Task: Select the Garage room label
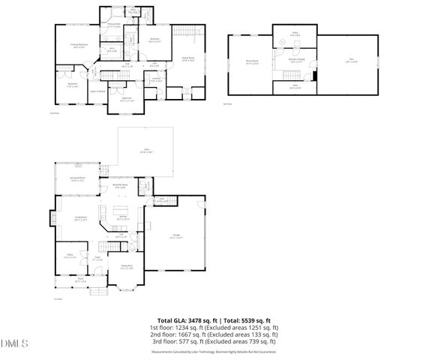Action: click(x=175, y=235)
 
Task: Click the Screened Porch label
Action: click(x=76, y=179)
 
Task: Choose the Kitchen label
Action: click(x=121, y=218)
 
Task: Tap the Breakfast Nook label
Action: click(x=120, y=185)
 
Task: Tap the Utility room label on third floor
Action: click(x=295, y=34)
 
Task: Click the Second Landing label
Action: click(x=295, y=60)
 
